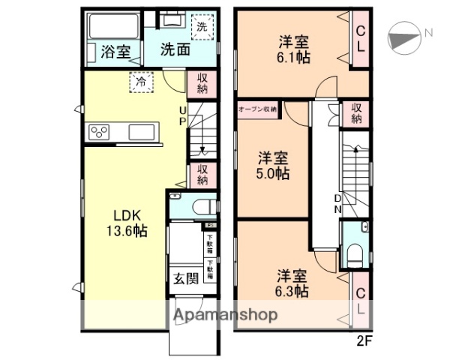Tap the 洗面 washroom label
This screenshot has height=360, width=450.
(x=175, y=50)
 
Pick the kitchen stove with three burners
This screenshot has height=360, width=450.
(x=99, y=133)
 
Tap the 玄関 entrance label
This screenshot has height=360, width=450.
(x=186, y=278)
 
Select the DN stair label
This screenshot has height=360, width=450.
(x=337, y=202)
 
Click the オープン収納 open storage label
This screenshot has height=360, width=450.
(x=257, y=109)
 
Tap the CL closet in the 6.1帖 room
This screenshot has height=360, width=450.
(x=360, y=39)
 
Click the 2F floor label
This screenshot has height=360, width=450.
(x=363, y=337)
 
